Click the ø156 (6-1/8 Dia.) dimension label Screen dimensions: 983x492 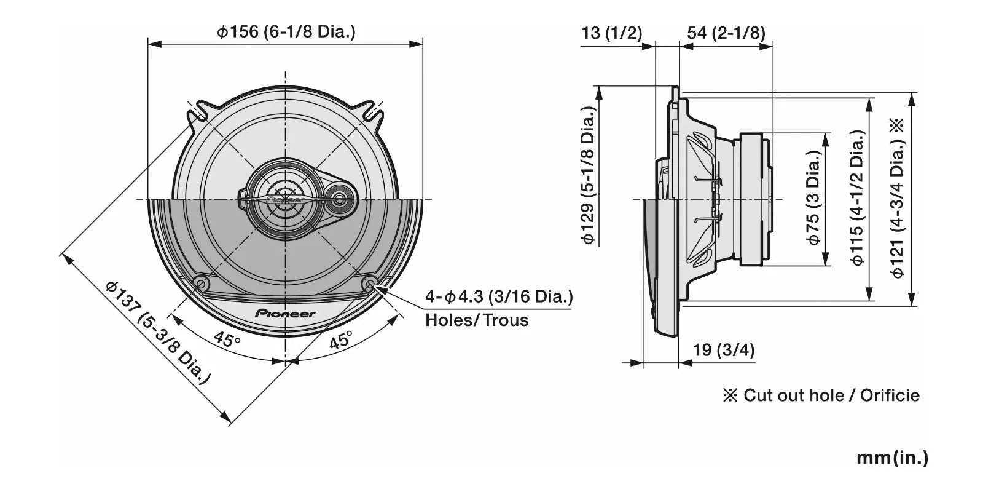(286, 31)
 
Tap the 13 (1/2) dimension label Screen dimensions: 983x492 (612, 33)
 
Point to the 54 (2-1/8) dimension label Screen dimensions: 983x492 (726, 33)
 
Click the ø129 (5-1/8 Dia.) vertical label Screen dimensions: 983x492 (588, 175)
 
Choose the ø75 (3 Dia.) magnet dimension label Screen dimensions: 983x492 (813, 197)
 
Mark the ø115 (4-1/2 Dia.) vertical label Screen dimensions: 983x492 (857, 197)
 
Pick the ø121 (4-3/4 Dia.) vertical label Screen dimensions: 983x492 (898, 199)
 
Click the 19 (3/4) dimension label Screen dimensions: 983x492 (724, 350)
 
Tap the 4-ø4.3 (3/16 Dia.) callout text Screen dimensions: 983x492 (499, 296)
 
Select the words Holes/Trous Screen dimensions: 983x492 (477, 320)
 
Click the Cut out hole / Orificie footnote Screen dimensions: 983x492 (821, 395)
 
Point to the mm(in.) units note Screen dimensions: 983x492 (892, 458)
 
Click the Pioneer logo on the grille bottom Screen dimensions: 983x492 (285, 314)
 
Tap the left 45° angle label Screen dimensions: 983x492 (227, 339)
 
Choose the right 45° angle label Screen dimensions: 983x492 (341, 339)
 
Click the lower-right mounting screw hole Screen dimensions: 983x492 (369, 284)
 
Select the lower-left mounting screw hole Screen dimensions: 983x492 (201, 284)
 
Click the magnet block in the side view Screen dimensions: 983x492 (755, 199)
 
